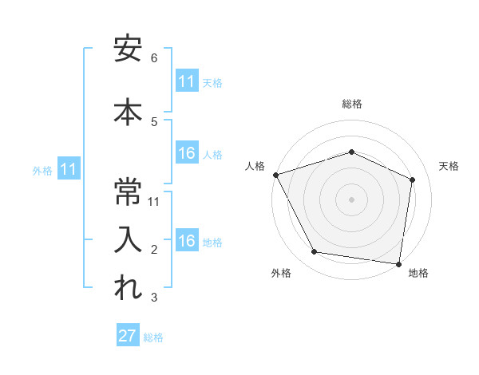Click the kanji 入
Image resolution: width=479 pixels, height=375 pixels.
point(128,239)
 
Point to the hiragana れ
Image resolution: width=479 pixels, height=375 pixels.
point(128,288)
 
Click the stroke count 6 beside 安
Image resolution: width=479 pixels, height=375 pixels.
point(154,58)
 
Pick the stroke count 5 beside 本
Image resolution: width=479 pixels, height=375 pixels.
point(154,121)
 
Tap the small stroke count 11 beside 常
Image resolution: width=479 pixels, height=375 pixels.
point(155,201)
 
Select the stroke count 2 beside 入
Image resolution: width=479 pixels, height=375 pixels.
point(154,250)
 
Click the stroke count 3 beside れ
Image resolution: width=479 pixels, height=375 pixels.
point(154,298)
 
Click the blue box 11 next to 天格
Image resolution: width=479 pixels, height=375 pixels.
point(187,81)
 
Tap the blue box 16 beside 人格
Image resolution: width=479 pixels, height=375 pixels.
point(187,153)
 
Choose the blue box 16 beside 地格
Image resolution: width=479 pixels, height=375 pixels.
point(187,241)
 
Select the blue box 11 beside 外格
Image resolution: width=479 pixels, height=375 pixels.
point(69,169)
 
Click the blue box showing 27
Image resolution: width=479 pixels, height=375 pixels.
point(128,336)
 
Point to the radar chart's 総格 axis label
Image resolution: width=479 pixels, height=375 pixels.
point(352,104)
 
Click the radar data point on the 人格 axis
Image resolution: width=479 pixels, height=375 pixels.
point(275,175)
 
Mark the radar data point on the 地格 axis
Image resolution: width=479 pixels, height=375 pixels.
point(400,263)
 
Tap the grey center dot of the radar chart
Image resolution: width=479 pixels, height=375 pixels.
point(351,199)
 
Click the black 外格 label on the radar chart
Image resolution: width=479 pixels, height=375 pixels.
point(281,273)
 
